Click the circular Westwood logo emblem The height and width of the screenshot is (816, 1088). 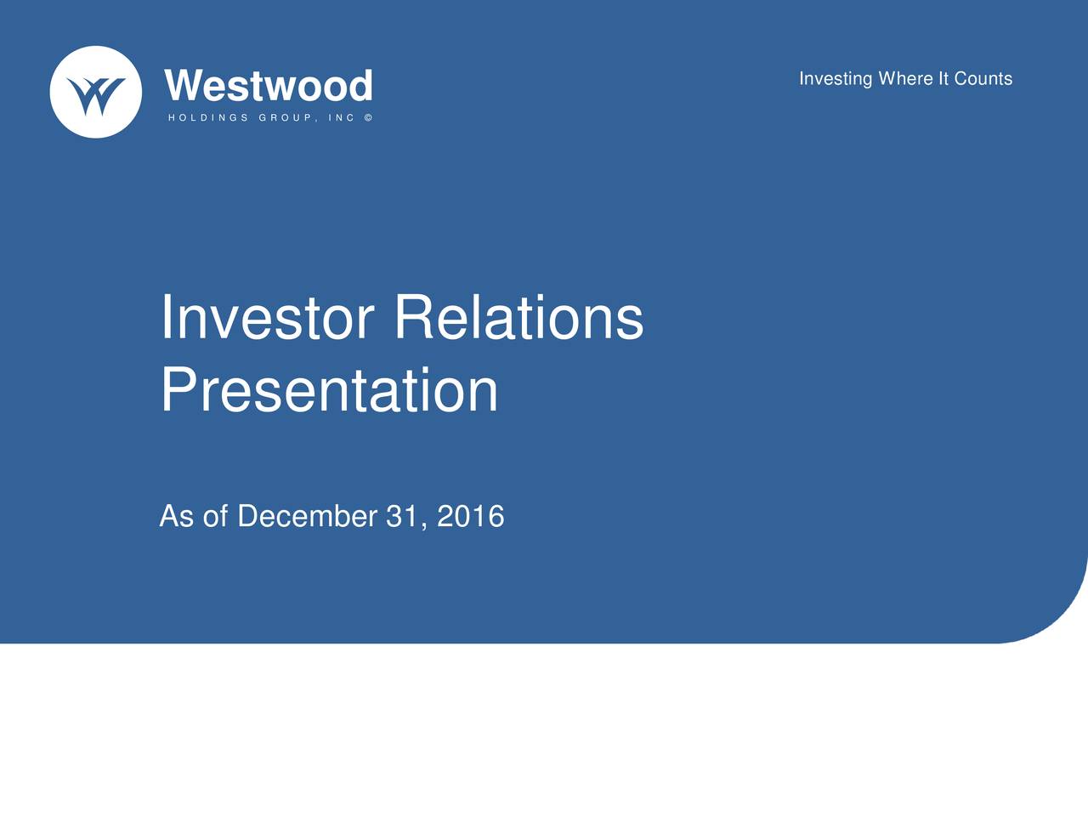pyautogui.click(x=96, y=92)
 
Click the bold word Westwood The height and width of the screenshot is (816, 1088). pyautogui.click(x=268, y=85)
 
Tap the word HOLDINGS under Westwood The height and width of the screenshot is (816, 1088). pyautogui.click(x=208, y=118)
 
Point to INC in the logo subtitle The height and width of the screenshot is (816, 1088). pyautogui.click(x=341, y=118)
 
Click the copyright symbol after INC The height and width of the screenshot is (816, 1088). pyautogui.click(x=368, y=118)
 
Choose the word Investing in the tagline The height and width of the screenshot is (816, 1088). pyautogui.click(x=836, y=79)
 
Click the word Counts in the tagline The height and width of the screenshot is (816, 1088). pyautogui.click(x=983, y=78)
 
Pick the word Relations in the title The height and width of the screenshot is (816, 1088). pyautogui.click(x=519, y=317)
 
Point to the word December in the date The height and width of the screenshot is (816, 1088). pyautogui.click(x=308, y=516)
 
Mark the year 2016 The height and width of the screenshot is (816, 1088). pyautogui.click(x=470, y=516)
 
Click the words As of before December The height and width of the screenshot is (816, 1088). pyautogui.click(x=194, y=516)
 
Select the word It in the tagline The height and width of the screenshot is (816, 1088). pyautogui.click(x=943, y=78)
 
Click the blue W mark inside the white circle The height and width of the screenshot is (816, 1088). pyautogui.click(x=96, y=95)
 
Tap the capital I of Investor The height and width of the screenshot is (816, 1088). pyautogui.click(x=166, y=317)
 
